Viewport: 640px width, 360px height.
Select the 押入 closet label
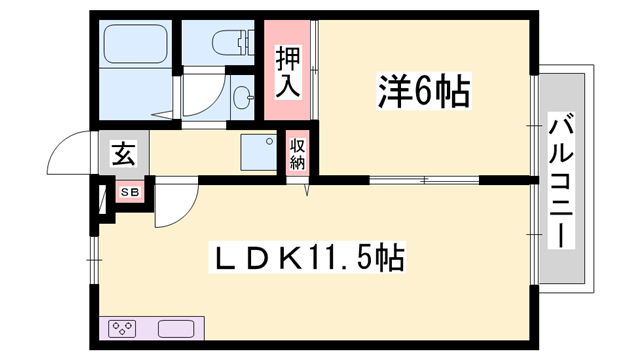288,70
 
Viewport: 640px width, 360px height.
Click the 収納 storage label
298,155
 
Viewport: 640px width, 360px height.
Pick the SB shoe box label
130,191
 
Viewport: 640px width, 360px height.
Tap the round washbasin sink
241,97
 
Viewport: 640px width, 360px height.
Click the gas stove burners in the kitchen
123,327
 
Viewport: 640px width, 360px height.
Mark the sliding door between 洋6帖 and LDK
425,181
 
